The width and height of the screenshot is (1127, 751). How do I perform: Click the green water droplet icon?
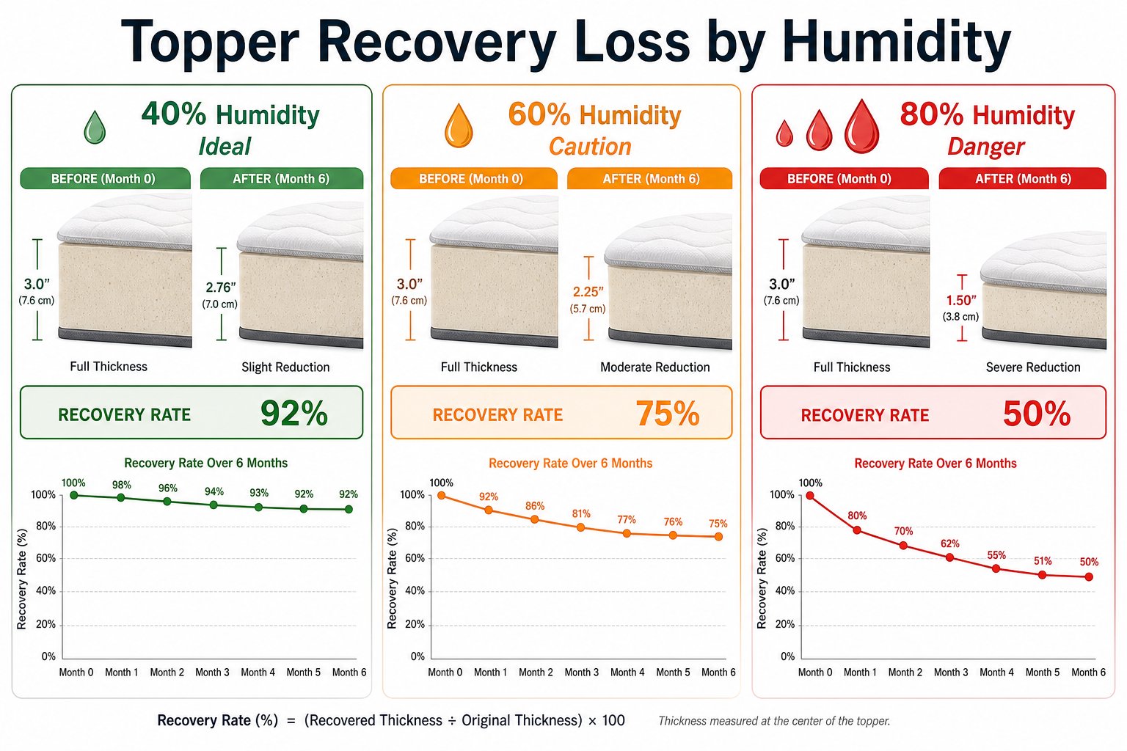point(95,128)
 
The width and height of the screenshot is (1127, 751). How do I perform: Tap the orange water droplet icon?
point(459,125)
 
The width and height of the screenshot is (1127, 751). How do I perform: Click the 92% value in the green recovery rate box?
point(294,414)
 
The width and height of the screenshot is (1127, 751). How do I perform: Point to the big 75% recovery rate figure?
point(668,414)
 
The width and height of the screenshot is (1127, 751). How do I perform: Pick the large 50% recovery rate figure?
point(1037,414)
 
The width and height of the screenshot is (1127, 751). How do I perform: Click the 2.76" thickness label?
point(221,287)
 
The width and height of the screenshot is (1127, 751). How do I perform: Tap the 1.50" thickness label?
point(961,300)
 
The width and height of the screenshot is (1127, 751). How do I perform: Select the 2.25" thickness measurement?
point(588,292)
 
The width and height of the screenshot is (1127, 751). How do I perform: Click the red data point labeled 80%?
point(857,530)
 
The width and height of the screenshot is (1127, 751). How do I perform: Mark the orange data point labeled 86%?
point(535,519)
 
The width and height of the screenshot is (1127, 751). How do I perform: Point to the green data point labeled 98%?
point(121,497)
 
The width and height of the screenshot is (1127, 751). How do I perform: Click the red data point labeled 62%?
point(950,557)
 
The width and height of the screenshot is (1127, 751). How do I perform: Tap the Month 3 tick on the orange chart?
point(582,672)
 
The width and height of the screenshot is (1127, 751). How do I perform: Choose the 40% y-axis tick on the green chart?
point(45,590)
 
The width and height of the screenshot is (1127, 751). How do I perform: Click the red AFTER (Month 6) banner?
point(1022,178)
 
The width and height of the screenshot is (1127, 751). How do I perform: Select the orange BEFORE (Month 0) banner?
point(474,178)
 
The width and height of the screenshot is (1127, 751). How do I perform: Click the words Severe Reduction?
point(1033,367)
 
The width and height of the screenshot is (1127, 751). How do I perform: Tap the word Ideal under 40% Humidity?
point(225,147)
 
